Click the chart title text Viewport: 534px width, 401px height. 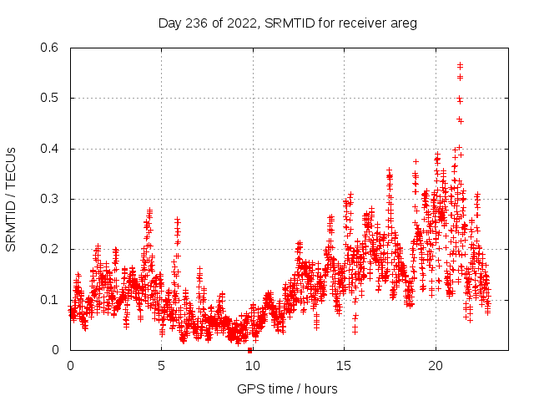[x=287, y=23]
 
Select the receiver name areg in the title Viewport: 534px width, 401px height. [x=402, y=23]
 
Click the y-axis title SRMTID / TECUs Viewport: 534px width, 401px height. [x=11, y=199]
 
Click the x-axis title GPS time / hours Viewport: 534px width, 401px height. [x=287, y=388]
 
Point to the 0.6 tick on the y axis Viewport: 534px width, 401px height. [x=50, y=48]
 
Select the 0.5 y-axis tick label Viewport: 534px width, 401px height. [x=50, y=98]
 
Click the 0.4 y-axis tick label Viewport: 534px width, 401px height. [x=50, y=149]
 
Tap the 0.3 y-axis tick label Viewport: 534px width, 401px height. [x=50, y=199]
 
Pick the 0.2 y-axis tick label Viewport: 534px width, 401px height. [x=50, y=249]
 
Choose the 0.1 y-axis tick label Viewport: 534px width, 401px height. [x=50, y=300]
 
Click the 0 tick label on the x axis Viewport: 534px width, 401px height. [x=70, y=366]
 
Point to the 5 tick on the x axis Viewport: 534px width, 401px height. [x=161, y=366]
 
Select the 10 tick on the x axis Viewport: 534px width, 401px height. [x=252, y=366]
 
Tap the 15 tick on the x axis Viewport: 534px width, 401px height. [x=343, y=366]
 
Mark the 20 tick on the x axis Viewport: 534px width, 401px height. [x=434, y=366]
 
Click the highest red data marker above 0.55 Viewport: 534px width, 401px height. [x=460, y=65]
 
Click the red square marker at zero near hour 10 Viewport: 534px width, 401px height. [x=250, y=350]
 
